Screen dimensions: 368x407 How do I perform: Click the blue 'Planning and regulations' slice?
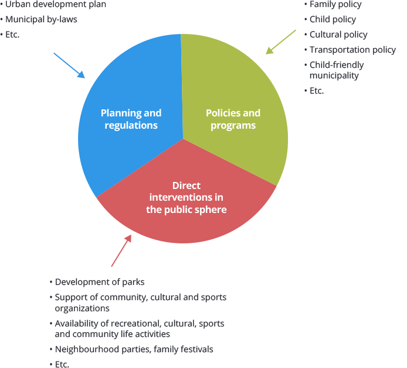coord(126,88)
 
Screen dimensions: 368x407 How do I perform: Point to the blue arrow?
coord(69,65)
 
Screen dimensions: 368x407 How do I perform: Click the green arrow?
coord(281,42)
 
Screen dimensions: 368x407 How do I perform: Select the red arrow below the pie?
coord(121,250)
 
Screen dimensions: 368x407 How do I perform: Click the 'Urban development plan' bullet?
coord(56,4)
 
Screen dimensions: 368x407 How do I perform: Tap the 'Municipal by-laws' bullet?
coord(41,19)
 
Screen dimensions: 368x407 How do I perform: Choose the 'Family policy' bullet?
coord(335,4)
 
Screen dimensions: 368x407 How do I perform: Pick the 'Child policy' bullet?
coord(333,19)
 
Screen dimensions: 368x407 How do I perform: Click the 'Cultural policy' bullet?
coord(338,35)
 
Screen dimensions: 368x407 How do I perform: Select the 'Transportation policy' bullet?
coord(352,50)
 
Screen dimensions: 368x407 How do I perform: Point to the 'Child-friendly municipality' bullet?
coord(336,70)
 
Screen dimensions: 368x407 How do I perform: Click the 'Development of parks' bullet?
coord(99,282)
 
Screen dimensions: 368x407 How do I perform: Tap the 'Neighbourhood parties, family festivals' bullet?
coord(134,349)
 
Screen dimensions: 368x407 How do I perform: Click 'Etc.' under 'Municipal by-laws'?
coord(12,35)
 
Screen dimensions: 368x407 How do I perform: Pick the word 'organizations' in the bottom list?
coord(82,308)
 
